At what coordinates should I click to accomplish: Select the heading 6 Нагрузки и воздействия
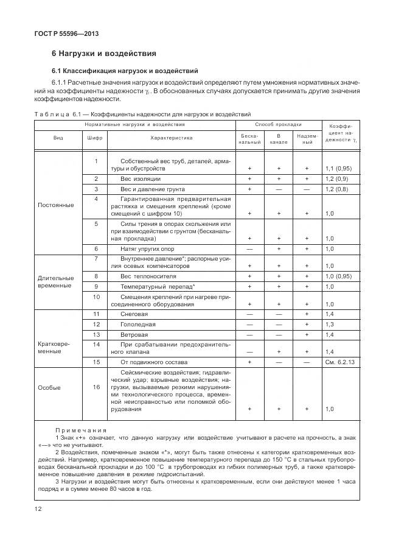click(104, 54)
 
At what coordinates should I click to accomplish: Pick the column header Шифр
click(96, 138)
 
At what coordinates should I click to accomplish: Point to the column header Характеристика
click(172, 138)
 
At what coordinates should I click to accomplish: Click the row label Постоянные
click(56, 205)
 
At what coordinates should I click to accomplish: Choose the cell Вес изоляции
click(141, 179)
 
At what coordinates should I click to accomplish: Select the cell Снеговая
click(134, 314)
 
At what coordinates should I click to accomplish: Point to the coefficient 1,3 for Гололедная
click(330, 325)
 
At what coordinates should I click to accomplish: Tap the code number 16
click(96, 387)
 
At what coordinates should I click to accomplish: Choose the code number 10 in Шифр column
click(96, 297)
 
